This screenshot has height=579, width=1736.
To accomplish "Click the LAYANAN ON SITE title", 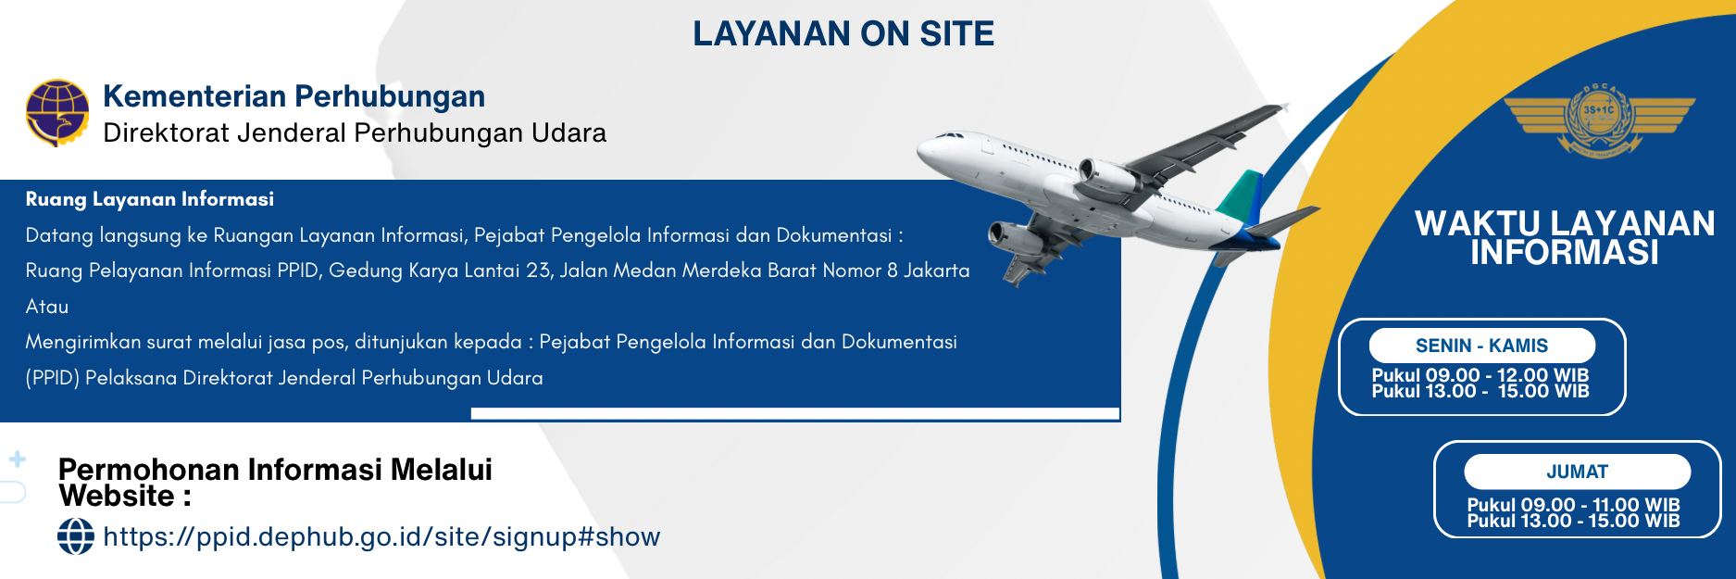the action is [x=843, y=34].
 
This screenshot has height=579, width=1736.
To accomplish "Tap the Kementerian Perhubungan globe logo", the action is [x=57, y=113].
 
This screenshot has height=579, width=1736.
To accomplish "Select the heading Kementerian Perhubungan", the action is [x=294, y=96].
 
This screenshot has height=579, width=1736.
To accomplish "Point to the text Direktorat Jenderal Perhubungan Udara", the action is [x=355, y=133].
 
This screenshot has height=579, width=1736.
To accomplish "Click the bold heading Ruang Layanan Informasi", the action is [x=150, y=199].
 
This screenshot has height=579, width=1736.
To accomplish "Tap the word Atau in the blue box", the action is [x=47, y=307].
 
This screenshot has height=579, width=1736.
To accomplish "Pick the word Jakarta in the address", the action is [x=937, y=271].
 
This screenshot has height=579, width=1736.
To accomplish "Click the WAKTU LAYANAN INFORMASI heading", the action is [x=1565, y=238].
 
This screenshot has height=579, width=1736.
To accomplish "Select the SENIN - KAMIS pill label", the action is [x=1482, y=346].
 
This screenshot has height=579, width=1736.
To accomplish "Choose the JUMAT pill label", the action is [x=1578, y=472].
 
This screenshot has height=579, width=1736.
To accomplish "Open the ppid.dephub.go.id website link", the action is [x=381, y=536].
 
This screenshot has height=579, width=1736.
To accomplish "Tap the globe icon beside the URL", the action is [x=76, y=536].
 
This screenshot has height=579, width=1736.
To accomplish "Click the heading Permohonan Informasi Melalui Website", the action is [x=275, y=483].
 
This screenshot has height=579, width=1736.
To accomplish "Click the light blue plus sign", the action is [x=17, y=459].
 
